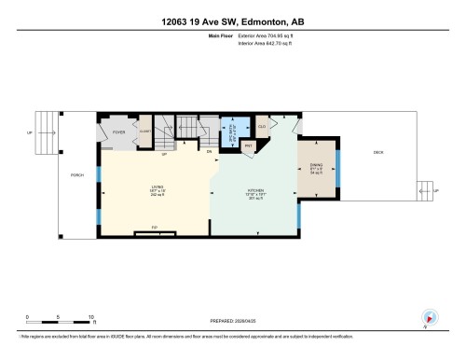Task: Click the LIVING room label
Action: [x=157, y=189]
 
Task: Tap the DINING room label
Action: [x=316, y=167]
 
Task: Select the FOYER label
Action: [x=119, y=132]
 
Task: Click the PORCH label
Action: [x=77, y=174]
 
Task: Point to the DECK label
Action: [x=378, y=152]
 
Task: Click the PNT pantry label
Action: [x=249, y=145]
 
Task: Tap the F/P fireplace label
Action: [x=154, y=228]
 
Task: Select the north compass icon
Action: [x=430, y=316]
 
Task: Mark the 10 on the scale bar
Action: [x=90, y=317]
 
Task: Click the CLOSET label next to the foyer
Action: [x=145, y=132]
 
